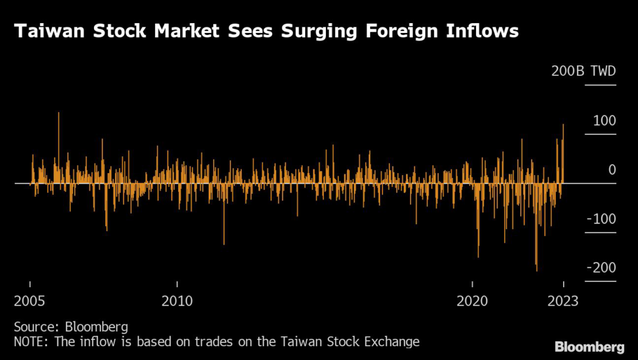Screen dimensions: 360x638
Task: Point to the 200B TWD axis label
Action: point(583,71)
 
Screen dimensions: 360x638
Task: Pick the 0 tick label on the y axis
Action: point(611,169)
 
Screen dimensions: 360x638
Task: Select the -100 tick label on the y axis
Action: point(601,219)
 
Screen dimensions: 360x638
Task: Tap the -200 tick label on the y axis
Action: point(601,267)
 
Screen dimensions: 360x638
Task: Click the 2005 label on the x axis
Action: point(30,301)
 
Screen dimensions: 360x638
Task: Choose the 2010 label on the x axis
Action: point(177,301)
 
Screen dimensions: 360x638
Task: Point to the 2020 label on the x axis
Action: point(473,301)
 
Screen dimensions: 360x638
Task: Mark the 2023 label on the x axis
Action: point(563,301)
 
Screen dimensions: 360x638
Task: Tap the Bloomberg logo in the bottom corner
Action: point(589,346)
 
